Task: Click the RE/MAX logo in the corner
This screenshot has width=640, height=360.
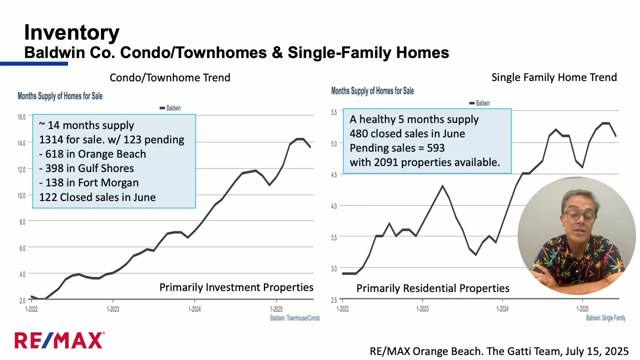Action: tap(59, 340)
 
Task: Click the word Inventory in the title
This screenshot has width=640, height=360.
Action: tap(71, 32)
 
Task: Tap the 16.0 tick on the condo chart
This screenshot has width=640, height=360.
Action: tap(21, 117)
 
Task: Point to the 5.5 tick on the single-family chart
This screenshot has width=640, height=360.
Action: tap(334, 112)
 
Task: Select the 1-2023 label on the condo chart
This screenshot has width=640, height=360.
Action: tap(113, 309)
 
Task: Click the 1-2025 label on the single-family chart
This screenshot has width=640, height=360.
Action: tap(582, 309)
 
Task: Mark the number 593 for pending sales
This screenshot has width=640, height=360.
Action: tap(435, 148)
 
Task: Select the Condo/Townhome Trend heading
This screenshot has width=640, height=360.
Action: tap(170, 77)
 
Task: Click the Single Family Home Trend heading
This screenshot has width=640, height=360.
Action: tap(554, 77)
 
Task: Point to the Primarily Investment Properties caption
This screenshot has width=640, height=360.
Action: tap(236, 287)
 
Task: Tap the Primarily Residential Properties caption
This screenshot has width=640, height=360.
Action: tap(432, 288)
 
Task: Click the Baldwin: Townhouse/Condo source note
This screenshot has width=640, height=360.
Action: tap(294, 318)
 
